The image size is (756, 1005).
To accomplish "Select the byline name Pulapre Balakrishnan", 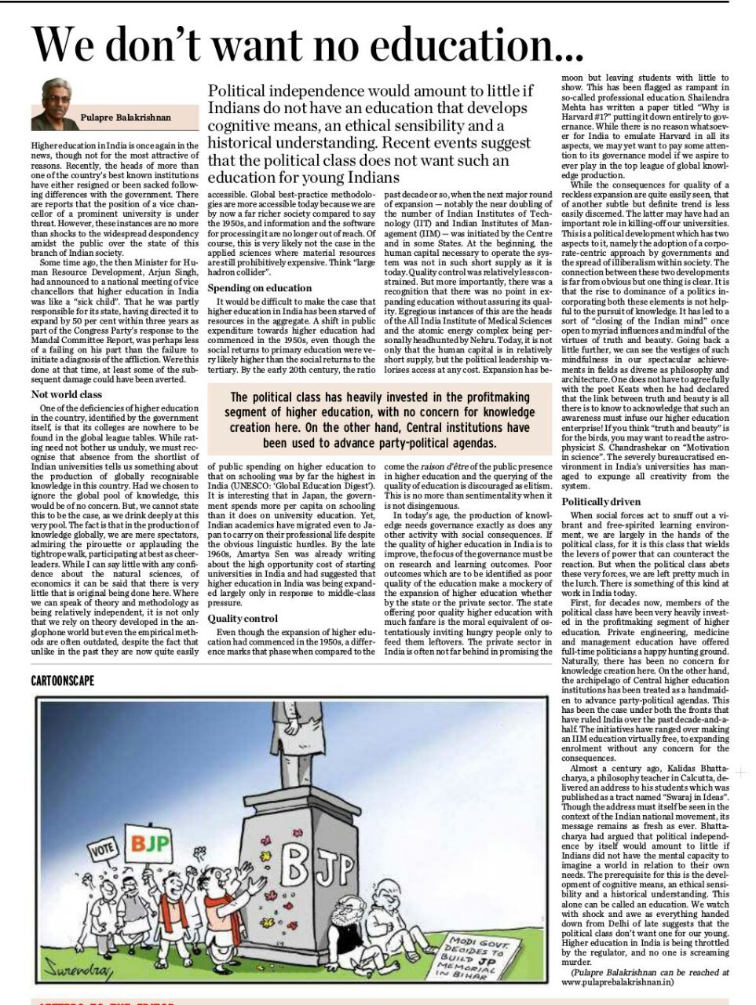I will [x=126, y=118].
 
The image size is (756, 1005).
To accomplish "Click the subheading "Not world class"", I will [x=67, y=395].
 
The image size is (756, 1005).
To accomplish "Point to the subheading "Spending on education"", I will [x=260, y=288].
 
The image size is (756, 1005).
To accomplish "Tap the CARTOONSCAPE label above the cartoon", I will [x=63, y=680].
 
